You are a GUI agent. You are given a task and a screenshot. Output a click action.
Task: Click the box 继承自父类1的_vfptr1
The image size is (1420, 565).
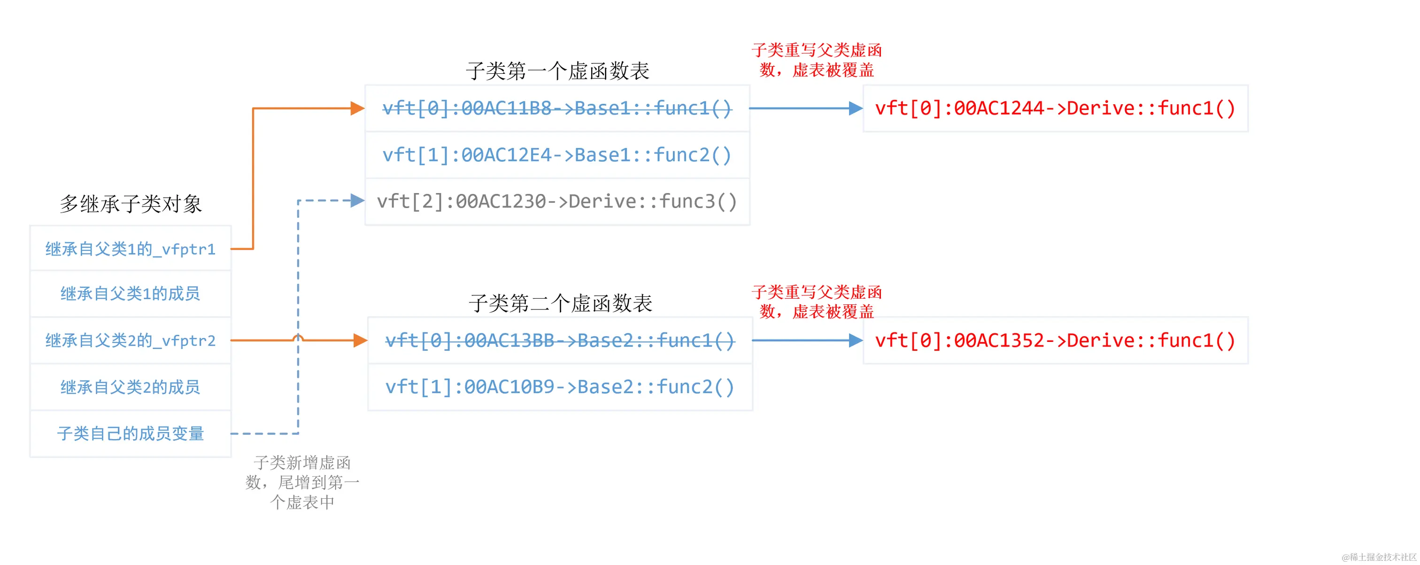tap(130, 248)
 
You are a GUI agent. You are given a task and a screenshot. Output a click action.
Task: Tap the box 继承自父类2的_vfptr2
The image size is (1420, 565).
tap(130, 341)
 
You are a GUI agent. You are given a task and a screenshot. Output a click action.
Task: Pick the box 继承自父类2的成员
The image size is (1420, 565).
tap(130, 387)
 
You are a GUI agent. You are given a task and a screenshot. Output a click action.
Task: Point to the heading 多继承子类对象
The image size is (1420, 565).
tap(131, 204)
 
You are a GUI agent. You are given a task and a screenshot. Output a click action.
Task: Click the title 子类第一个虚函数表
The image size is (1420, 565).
tap(557, 71)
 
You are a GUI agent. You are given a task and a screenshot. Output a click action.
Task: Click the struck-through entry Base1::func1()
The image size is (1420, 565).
tap(557, 108)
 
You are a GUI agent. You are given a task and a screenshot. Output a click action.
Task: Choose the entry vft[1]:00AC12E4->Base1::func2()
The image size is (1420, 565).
tap(557, 155)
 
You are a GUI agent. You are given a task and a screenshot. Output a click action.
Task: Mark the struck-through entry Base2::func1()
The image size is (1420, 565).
tap(560, 341)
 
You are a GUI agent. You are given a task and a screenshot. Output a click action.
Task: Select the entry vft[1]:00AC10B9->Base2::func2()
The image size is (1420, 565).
tap(560, 387)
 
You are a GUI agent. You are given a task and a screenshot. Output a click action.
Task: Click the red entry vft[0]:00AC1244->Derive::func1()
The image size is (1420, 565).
tap(1055, 108)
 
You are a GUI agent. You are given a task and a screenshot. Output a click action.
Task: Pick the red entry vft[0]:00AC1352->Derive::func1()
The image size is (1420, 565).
tap(1055, 341)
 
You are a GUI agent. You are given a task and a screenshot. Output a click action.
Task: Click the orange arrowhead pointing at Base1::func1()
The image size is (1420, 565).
tap(358, 108)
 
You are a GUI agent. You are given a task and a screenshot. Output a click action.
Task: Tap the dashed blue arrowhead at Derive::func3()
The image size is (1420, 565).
tap(358, 201)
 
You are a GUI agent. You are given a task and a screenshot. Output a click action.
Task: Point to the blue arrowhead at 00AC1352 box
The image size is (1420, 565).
tap(856, 341)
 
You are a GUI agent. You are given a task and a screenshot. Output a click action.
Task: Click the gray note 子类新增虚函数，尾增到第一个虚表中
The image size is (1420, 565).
tap(302, 482)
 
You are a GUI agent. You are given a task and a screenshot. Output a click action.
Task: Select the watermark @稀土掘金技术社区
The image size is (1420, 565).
tap(1379, 557)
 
